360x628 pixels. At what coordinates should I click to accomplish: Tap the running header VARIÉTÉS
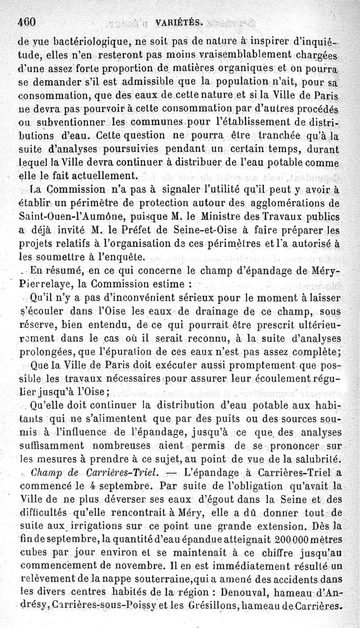(x=185, y=22)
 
